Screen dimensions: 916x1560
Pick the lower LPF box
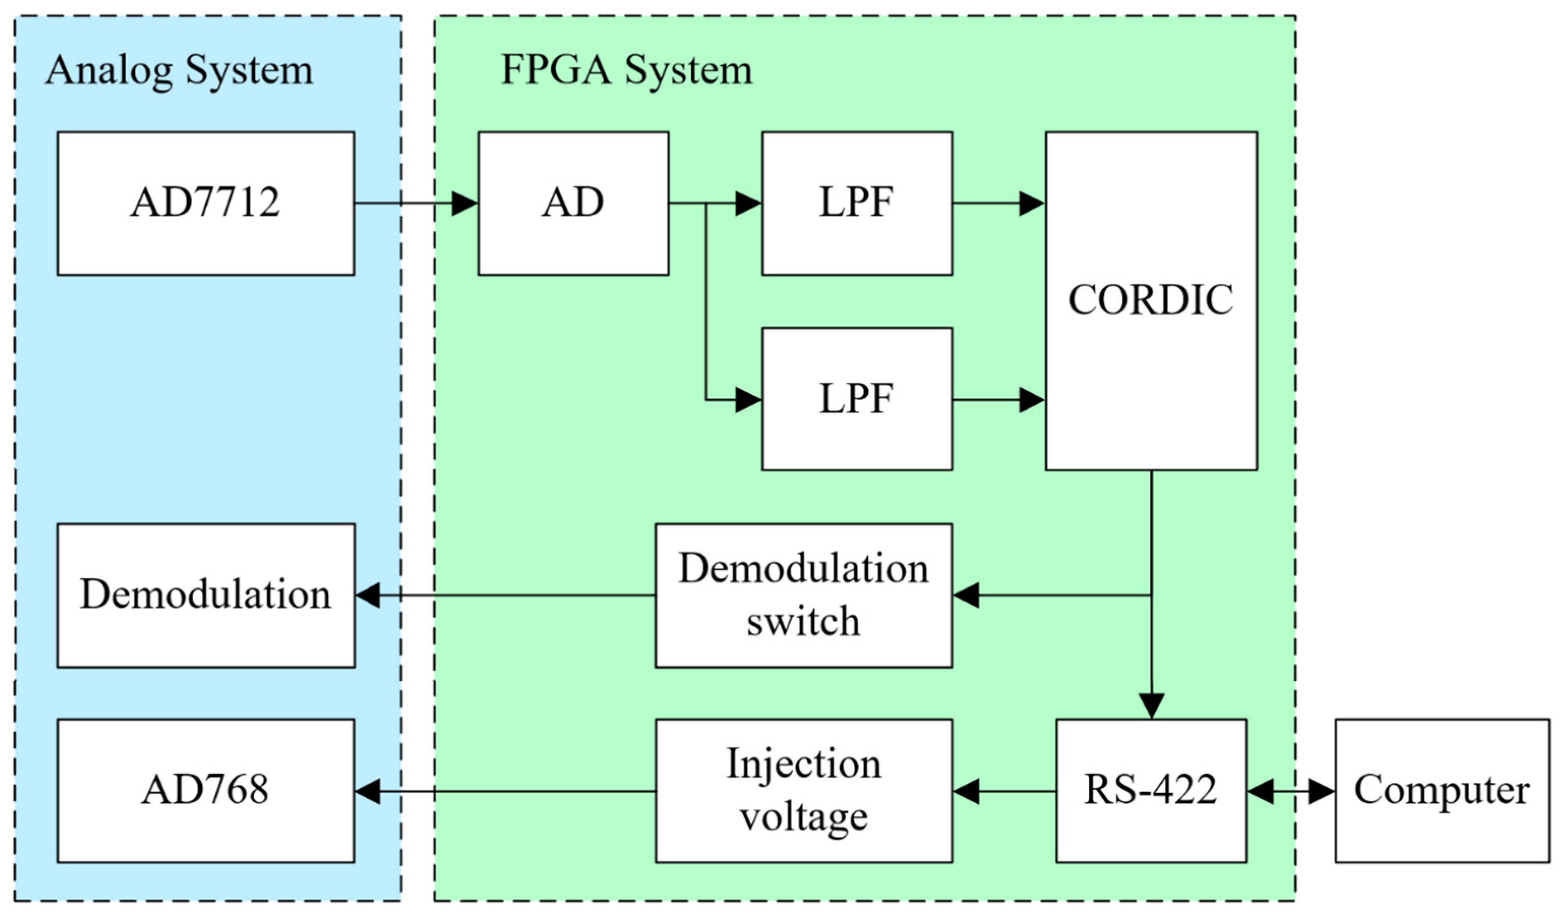pyautogui.click(x=857, y=399)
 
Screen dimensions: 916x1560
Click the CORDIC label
pyautogui.click(x=1150, y=300)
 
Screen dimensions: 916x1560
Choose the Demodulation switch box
pyautogui.click(x=803, y=595)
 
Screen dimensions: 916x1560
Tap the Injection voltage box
pyautogui.click(x=803, y=790)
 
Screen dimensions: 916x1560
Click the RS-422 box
pyautogui.click(x=1151, y=790)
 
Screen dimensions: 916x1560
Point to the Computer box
pyautogui.click(x=1442, y=790)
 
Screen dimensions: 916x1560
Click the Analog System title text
pyautogui.click(x=179, y=70)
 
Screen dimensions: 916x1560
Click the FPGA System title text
pyautogui.click(x=626, y=70)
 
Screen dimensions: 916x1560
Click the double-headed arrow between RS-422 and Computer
pyautogui.click(x=1291, y=791)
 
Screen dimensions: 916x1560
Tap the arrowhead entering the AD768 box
pyautogui.click(x=368, y=791)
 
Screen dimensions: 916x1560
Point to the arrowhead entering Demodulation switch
pyautogui.click(x=966, y=595)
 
